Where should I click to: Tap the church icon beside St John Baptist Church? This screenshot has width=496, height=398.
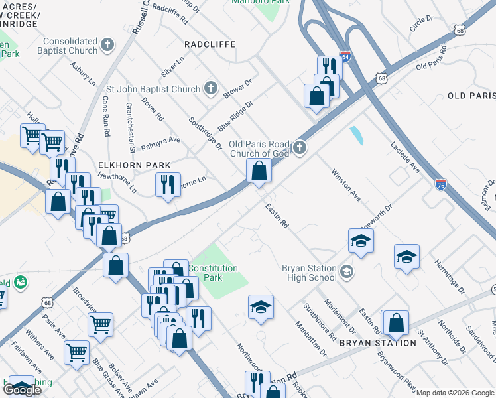coord(210,88)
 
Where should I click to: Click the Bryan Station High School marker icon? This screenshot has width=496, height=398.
coord(346,271)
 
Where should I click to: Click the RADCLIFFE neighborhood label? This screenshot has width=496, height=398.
coord(210,44)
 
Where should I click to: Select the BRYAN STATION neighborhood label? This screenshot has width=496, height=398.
coord(377,342)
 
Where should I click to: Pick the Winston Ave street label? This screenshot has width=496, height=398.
coord(345,186)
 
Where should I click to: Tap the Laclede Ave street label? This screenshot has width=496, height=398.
coord(404,157)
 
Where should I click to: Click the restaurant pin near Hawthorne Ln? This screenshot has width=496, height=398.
coord(168,184)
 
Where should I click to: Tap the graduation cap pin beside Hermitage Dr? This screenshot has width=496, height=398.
coord(406,257)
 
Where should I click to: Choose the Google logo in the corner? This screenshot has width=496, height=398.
coord(22,389)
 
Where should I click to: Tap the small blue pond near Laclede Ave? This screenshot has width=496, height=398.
coord(357,135)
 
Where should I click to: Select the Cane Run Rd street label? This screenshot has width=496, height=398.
coord(105,117)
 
